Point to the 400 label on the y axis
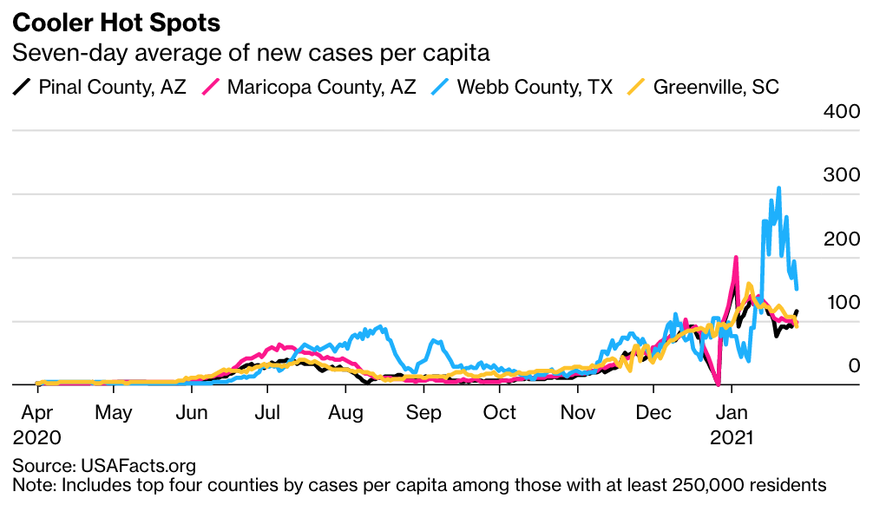coord(841,112)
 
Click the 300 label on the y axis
coord(841,175)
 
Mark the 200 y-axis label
coord(841,239)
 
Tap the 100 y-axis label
coord(841,303)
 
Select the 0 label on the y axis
coord(853,366)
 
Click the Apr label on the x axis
coord(37,411)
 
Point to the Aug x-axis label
coord(345,411)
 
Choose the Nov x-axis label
coord(577,411)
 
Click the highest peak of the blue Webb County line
coord(778,187)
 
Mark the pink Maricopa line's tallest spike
coord(736,258)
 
